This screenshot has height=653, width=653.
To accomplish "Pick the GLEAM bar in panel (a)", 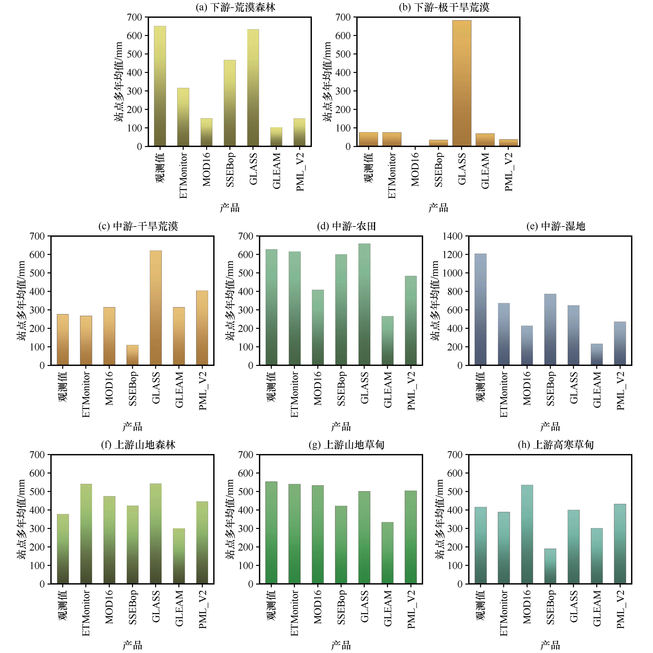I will tap(276, 137).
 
